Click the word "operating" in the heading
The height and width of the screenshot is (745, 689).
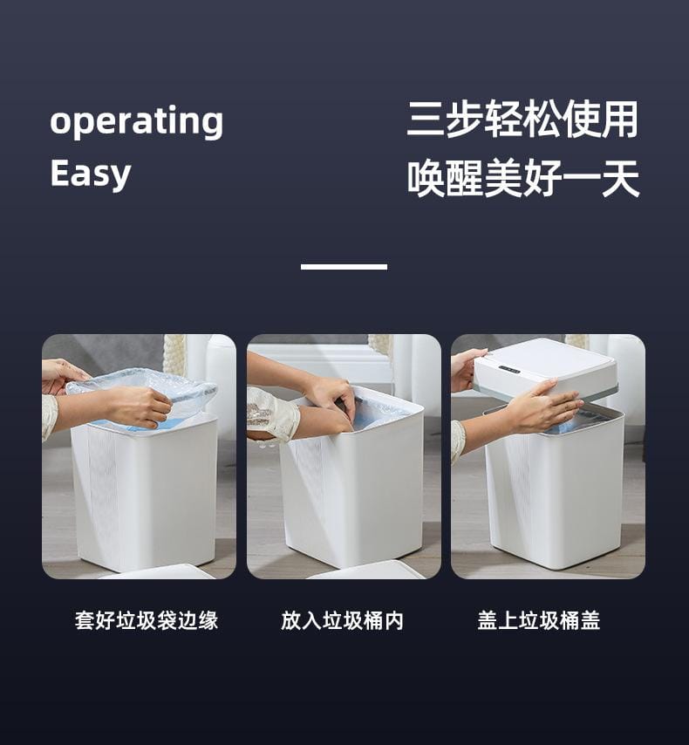point(136,121)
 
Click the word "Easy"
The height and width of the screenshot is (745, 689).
point(91,174)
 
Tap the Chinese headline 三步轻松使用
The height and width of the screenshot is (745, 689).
point(522,119)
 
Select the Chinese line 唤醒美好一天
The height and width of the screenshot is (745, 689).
point(522,178)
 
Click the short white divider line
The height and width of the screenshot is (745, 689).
point(344,267)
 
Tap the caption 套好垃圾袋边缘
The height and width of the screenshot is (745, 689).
point(147,620)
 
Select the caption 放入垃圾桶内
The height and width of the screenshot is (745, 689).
point(342,620)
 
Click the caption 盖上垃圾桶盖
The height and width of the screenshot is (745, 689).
point(539,620)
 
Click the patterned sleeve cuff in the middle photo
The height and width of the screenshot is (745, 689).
point(271,414)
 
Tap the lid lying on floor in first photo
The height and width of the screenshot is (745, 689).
point(157,571)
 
